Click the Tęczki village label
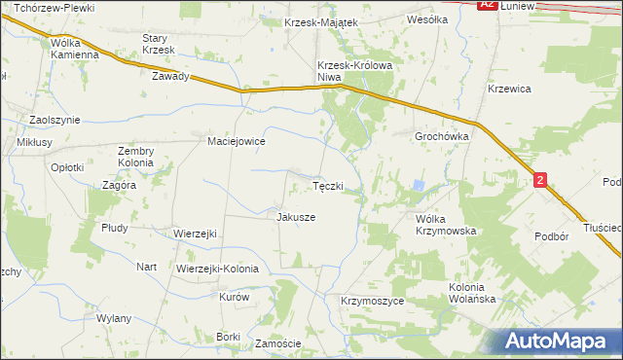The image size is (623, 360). coord(327,186)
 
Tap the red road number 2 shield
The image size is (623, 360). coord(540,180)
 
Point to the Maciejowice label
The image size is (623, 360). coord(237,141)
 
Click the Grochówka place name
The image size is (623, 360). coord(443,137)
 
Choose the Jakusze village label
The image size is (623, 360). coord(296,217)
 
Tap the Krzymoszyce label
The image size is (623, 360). coord(372,302)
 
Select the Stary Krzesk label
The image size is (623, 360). coord(157,44)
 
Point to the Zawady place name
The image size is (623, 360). coord(169,76)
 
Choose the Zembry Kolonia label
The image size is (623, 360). coord(136,157)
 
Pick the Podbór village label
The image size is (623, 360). coord(551,236)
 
